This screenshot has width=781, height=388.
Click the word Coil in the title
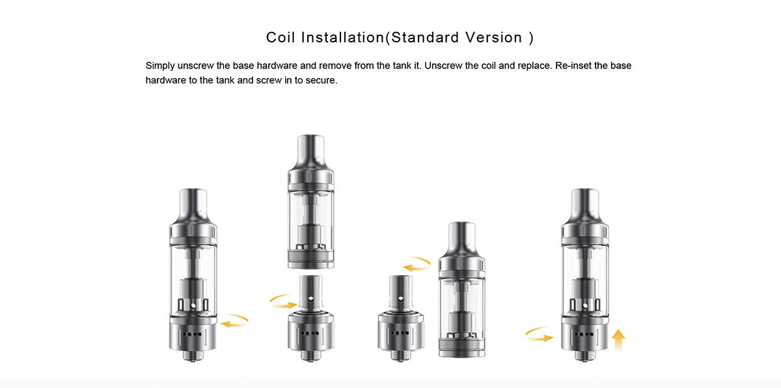(281, 37)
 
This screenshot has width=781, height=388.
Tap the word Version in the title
(494, 37)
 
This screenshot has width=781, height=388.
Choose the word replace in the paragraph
(526, 66)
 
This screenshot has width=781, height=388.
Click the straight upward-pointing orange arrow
(618, 340)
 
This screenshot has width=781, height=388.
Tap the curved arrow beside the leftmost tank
(234, 320)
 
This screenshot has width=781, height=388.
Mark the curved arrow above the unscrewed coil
(417, 264)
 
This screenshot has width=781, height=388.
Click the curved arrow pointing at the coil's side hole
(283, 301)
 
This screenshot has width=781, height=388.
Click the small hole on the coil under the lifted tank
(310, 300)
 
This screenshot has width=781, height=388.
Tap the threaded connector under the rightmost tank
(584, 355)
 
